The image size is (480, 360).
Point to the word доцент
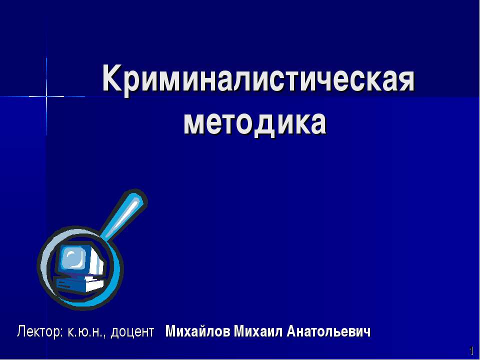(x=132, y=332)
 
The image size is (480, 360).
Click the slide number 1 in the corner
(x=471, y=350)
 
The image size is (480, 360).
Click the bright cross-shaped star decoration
(x=46, y=95)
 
